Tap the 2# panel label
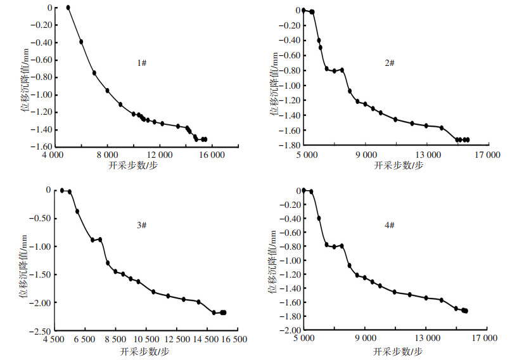point(389,63)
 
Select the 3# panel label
point(142,226)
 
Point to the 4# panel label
point(389,226)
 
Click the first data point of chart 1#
point(68,8)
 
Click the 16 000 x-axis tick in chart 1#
point(212,154)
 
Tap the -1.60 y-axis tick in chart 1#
point(40,147)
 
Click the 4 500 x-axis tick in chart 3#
point(54,340)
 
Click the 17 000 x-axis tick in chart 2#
point(487,154)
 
